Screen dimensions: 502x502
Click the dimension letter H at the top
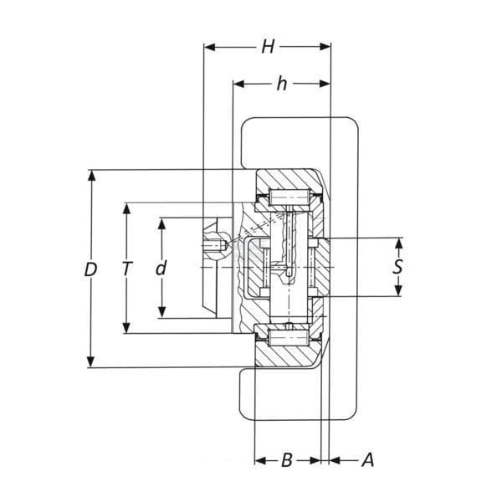268,47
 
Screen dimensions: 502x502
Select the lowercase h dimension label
282,84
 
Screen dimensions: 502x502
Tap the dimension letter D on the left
90,269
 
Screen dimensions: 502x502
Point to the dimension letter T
127,269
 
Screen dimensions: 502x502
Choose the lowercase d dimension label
161,268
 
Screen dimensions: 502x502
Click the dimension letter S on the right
397,267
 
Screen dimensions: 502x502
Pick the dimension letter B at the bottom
287,460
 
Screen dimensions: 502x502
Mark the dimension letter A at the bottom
368,460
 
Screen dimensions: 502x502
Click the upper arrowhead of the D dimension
91,176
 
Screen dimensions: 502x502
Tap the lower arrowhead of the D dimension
91,361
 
